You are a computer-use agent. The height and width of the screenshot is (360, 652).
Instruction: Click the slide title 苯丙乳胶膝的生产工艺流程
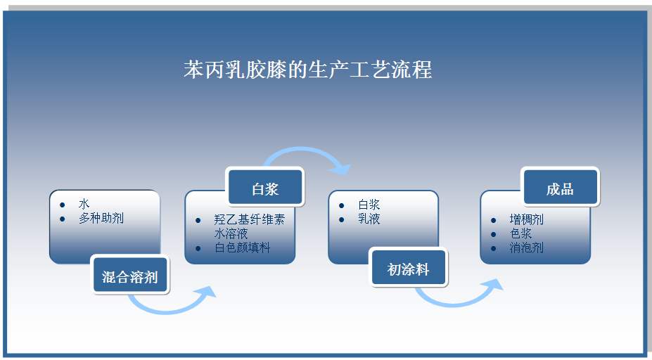(x=307, y=70)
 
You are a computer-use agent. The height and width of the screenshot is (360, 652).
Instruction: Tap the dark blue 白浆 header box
(x=265, y=188)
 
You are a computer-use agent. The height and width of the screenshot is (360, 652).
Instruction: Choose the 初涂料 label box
(x=408, y=269)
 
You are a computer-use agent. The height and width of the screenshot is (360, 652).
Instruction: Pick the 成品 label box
(x=560, y=188)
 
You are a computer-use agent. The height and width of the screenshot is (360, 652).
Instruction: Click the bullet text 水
(x=84, y=205)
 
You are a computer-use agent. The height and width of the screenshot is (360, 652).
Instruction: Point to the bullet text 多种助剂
(x=101, y=218)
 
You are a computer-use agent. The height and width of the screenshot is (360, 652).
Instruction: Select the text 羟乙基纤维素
(x=249, y=220)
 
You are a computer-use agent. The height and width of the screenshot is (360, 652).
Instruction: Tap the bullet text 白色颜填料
(x=242, y=247)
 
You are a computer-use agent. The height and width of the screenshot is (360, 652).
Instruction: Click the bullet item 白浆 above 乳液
(x=369, y=205)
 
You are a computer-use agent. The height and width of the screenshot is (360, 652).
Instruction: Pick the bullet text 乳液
(x=369, y=219)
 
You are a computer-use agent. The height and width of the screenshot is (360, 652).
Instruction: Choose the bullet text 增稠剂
(x=526, y=220)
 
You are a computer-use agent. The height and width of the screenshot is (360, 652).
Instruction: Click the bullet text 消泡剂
(x=526, y=247)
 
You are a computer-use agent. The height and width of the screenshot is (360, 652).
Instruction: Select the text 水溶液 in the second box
(x=231, y=233)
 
